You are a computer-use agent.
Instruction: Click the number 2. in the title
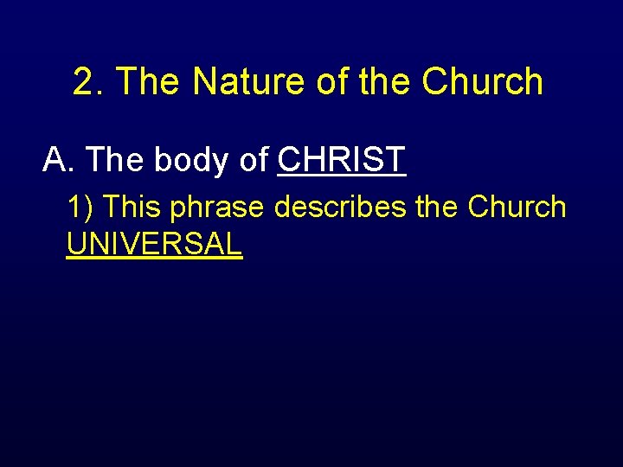[x=89, y=82]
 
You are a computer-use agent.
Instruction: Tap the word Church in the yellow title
[x=483, y=82]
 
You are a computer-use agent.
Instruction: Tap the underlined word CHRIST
[x=342, y=159]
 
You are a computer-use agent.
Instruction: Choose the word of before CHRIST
[x=253, y=159]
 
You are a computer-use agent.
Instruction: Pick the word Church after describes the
[x=517, y=208]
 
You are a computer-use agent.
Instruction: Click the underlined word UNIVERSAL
[x=154, y=245]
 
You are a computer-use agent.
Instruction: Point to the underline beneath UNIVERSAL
[x=154, y=259]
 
